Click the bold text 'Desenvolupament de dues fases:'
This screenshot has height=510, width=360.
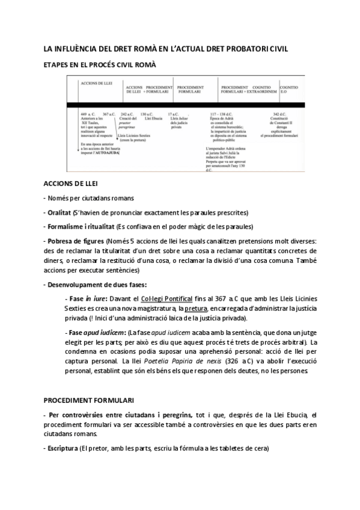[x=95, y=284]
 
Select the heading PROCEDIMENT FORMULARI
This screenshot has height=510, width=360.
[x=89, y=400]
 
